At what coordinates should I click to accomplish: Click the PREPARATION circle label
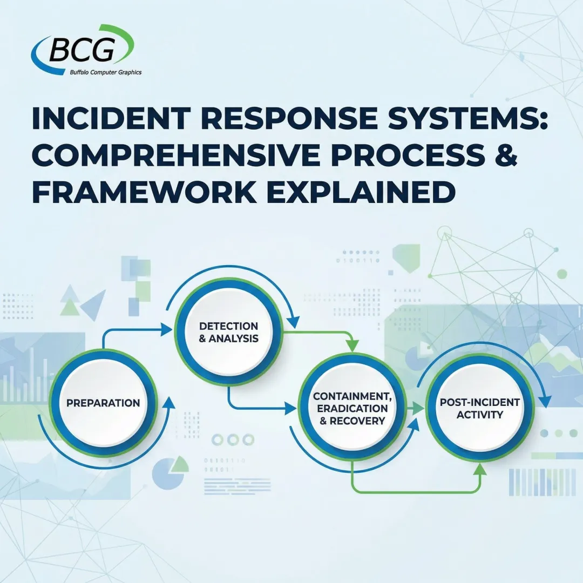click(103, 403)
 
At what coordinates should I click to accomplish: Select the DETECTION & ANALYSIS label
click(229, 333)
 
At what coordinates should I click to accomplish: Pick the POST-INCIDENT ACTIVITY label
click(472, 409)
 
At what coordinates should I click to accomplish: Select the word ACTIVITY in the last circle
click(472, 415)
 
